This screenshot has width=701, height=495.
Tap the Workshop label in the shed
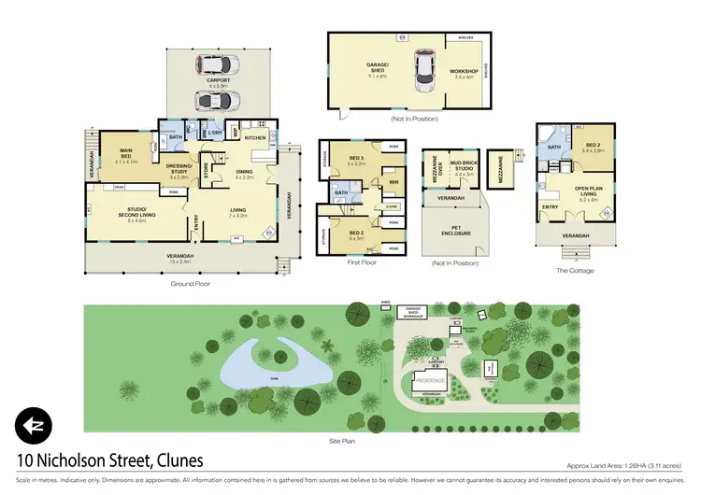(465, 71)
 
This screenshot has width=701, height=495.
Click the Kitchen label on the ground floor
(255, 137)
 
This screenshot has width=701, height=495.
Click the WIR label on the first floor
(393, 182)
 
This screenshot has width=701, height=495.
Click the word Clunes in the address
(173, 460)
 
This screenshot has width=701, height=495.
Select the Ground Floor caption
(191, 283)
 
